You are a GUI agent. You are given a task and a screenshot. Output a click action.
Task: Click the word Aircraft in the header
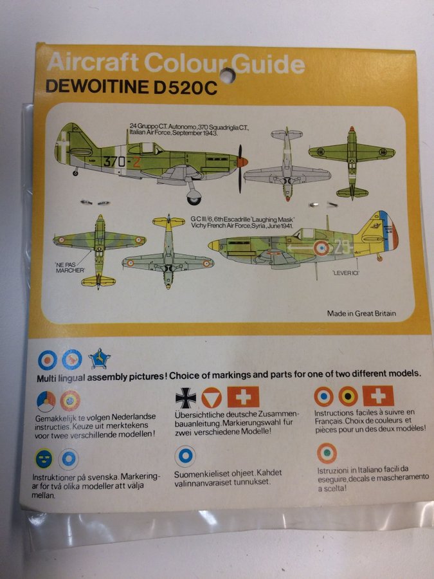point(94,64)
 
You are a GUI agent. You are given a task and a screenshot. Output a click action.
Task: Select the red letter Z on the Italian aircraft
point(137,161)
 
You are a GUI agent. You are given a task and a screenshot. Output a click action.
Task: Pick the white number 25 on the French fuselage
point(343,246)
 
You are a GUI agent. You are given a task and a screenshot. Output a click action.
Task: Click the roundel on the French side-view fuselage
point(321,247)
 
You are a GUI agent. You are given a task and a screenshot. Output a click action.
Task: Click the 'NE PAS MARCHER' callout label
point(69,266)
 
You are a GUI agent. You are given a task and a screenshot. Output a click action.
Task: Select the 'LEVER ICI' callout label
point(347,273)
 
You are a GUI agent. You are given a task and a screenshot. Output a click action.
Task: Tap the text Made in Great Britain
point(361,314)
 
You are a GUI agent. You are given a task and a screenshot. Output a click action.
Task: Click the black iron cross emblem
point(186,398)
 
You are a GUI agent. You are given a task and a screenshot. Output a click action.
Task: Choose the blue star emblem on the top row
point(99,358)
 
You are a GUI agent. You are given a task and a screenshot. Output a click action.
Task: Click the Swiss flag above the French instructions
point(378,396)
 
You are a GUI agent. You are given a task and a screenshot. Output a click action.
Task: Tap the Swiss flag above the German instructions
point(244,397)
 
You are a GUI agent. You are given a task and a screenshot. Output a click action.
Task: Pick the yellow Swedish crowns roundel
point(44,459)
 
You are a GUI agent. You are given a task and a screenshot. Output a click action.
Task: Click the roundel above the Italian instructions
point(326,454)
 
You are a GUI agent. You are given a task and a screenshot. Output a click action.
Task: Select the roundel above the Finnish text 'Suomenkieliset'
point(185,457)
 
